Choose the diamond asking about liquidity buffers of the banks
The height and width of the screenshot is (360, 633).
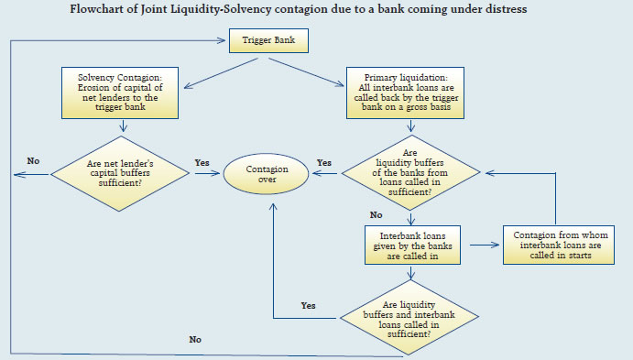[411, 170]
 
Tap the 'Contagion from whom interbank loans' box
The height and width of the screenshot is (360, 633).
[557, 246]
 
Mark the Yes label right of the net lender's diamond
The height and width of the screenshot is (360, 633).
[202, 162]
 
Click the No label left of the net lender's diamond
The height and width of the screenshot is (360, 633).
[33, 161]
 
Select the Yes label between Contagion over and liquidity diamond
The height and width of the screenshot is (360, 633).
[325, 162]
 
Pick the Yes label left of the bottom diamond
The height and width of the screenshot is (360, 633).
[310, 305]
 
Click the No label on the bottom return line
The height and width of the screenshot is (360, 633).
[194, 339]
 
